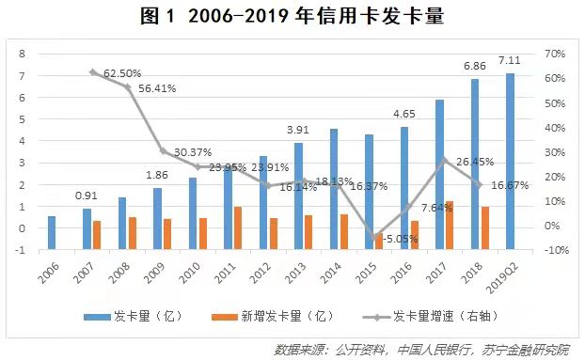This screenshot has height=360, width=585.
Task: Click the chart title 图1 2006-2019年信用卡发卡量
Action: [292, 16]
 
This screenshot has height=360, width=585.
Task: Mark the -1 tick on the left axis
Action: [20, 250]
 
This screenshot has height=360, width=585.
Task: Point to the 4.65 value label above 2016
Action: [403, 117]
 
